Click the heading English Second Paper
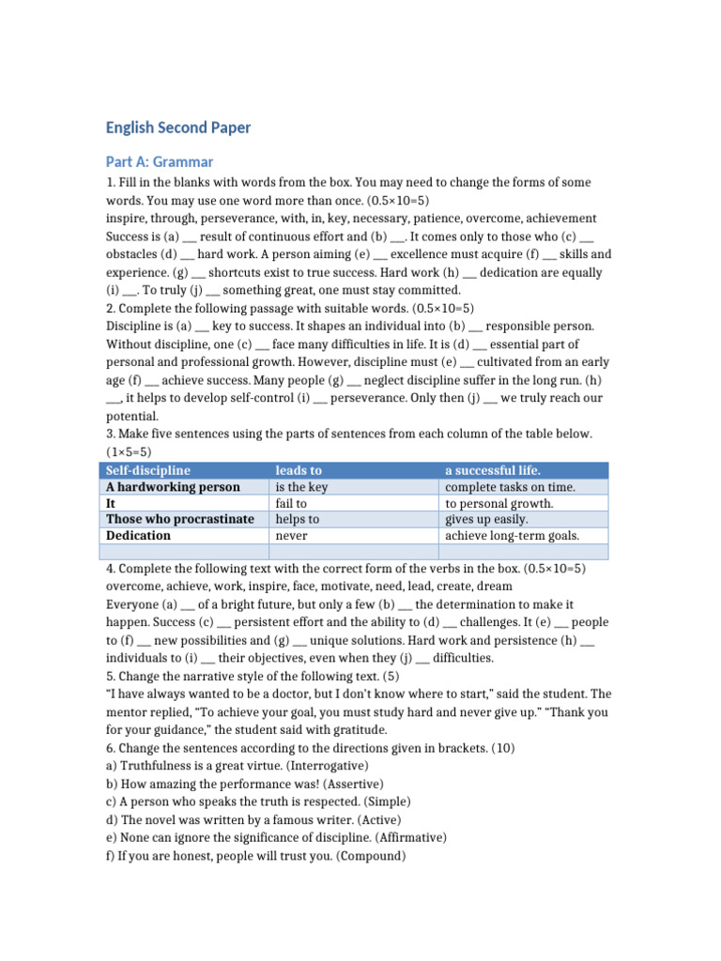[178, 128]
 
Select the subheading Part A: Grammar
[160, 161]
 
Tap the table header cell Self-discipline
[148, 470]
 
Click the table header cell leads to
[298, 470]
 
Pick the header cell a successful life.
[492, 470]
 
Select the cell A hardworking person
[173, 487]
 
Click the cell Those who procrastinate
[180, 519]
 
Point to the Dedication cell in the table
[139, 535]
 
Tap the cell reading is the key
[300, 487]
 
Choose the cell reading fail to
[291, 503]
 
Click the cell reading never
[291, 535]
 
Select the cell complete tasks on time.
[510, 487]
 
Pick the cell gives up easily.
[486, 519]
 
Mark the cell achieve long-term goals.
[512, 535]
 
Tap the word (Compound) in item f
[369, 855]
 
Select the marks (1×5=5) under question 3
[129, 451]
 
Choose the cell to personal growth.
[499, 503]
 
